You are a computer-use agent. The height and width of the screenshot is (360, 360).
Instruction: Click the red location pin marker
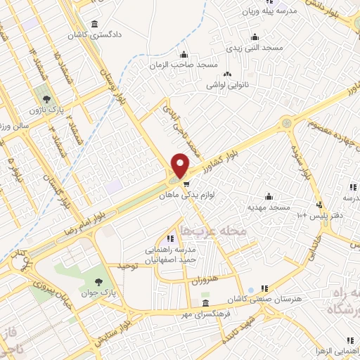click(181, 165)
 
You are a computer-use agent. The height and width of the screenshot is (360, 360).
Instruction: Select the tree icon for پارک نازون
click(46, 98)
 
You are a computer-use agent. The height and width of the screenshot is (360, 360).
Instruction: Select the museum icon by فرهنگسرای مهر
click(205, 303)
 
